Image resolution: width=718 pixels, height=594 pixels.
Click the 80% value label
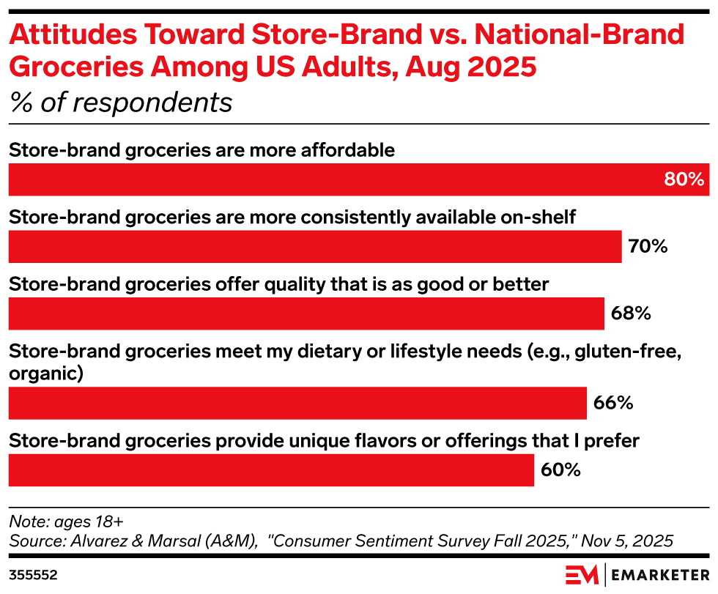(x=684, y=179)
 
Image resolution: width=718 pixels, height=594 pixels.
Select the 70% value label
(x=648, y=246)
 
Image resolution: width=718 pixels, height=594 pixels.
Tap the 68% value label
(x=630, y=313)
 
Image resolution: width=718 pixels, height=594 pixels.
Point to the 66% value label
(x=612, y=402)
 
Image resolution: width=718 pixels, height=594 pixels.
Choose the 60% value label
(x=560, y=469)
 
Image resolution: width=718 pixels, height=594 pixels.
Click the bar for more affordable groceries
(x=330, y=179)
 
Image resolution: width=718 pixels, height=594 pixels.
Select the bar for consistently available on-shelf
(x=315, y=246)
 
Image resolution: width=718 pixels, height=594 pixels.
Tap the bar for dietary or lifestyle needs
(x=297, y=402)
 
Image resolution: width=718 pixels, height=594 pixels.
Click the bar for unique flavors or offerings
(x=271, y=469)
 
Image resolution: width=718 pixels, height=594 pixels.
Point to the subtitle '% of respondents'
(x=121, y=102)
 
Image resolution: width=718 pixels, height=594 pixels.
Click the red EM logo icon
(x=582, y=573)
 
